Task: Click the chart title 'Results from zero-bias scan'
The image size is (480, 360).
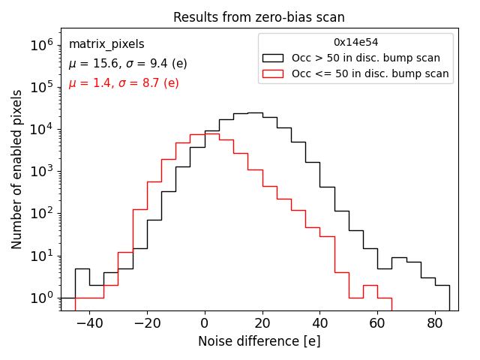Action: tap(259, 17)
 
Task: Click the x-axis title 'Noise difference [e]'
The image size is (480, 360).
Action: tap(259, 341)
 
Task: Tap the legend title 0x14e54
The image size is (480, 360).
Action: tap(355, 42)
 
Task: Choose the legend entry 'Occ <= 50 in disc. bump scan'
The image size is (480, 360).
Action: tap(370, 73)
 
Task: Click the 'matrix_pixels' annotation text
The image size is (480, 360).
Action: tap(106, 44)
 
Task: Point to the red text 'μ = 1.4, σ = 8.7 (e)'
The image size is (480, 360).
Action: tap(124, 82)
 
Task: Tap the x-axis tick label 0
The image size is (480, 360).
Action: tap(205, 324)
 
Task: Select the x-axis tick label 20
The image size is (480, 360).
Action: tap(262, 324)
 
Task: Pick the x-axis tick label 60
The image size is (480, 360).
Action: tap(377, 324)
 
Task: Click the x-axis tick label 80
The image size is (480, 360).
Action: tap(435, 324)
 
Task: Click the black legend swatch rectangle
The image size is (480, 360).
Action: tap(274, 58)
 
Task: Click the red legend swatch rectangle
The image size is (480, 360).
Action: tap(274, 73)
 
